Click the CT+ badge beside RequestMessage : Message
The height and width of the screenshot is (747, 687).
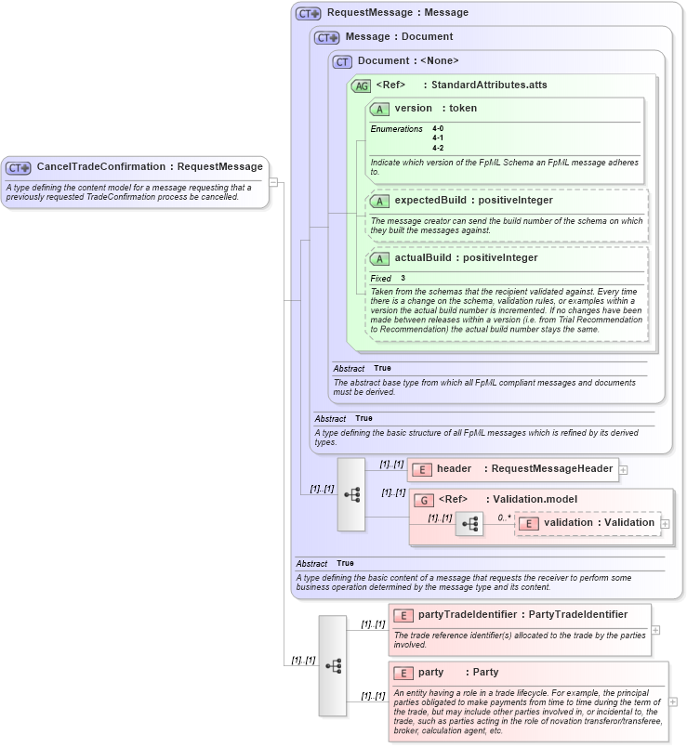pos(309,14)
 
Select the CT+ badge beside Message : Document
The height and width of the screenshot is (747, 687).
pos(327,37)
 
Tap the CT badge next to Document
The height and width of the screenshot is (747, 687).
pos(342,61)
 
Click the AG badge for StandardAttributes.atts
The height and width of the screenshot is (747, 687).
pos(361,85)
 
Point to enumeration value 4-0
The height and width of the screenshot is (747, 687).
pos(438,129)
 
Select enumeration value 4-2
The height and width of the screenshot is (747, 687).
pos(438,148)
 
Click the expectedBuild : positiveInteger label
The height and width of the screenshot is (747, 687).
pos(473,201)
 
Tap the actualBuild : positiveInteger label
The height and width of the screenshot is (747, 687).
pos(466,258)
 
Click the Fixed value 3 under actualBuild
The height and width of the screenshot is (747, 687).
pos(403,279)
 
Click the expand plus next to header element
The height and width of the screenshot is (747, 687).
pos(624,470)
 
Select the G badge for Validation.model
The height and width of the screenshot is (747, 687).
pos(424,500)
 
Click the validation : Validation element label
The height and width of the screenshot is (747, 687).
pos(599,523)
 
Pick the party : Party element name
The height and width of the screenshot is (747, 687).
pos(458,673)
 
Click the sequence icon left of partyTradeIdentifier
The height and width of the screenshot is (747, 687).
pos(333,665)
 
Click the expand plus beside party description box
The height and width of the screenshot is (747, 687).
pos(673,701)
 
